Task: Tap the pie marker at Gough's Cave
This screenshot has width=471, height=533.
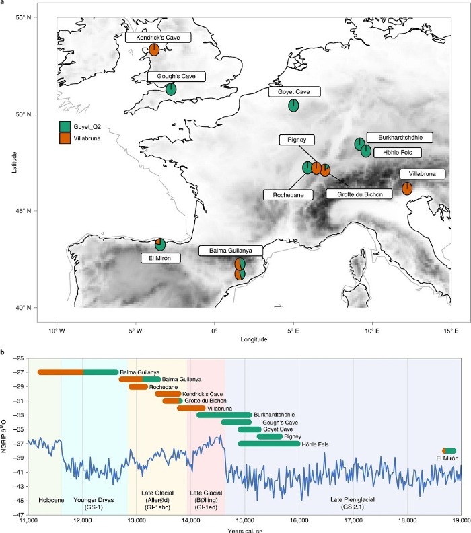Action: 171,89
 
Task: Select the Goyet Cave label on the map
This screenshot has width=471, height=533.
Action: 295,92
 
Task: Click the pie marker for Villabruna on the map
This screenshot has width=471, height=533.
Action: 407,188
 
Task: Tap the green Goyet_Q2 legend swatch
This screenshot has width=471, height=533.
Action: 65,126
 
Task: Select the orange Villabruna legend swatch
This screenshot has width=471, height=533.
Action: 65,137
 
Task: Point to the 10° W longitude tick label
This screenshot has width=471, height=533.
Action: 57,330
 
